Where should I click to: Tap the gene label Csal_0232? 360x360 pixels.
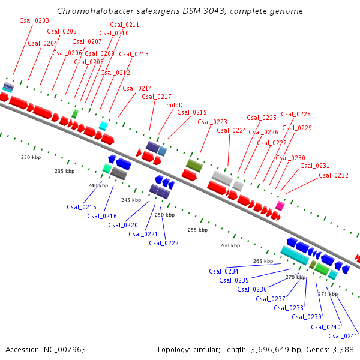click(x=334, y=175)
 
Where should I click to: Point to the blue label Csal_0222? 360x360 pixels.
click(x=164, y=242)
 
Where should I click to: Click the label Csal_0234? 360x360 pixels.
click(x=224, y=271)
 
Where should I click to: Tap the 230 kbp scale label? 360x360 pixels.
click(x=29, y=157)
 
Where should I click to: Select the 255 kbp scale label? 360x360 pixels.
click(x=197, y=230)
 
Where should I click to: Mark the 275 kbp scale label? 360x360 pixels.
click(x=328, y=294)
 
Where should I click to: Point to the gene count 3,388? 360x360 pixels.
click(x=341, y=349)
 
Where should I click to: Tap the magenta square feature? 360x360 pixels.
click(x=280, y=206)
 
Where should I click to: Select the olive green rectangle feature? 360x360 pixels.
click(x=194, y=164)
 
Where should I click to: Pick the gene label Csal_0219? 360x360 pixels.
click(x=192, y=112)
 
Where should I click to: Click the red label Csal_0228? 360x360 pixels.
click(x=296, y=114)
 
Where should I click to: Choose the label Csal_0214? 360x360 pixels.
click(x=137, y=88)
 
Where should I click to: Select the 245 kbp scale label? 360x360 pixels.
click(x=130, y=199)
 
